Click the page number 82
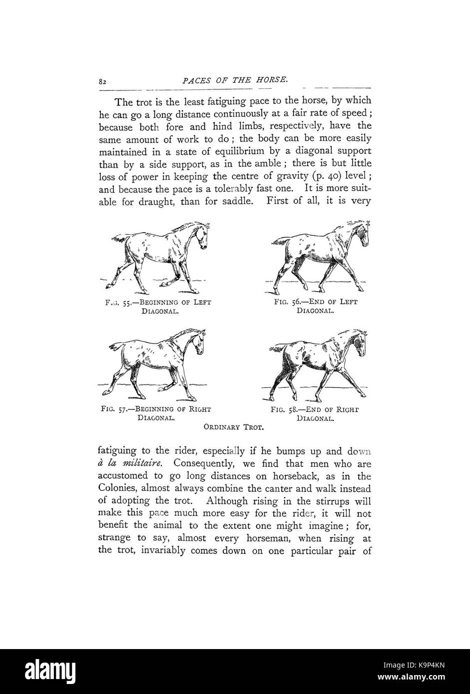104,81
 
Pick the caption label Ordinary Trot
234,427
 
